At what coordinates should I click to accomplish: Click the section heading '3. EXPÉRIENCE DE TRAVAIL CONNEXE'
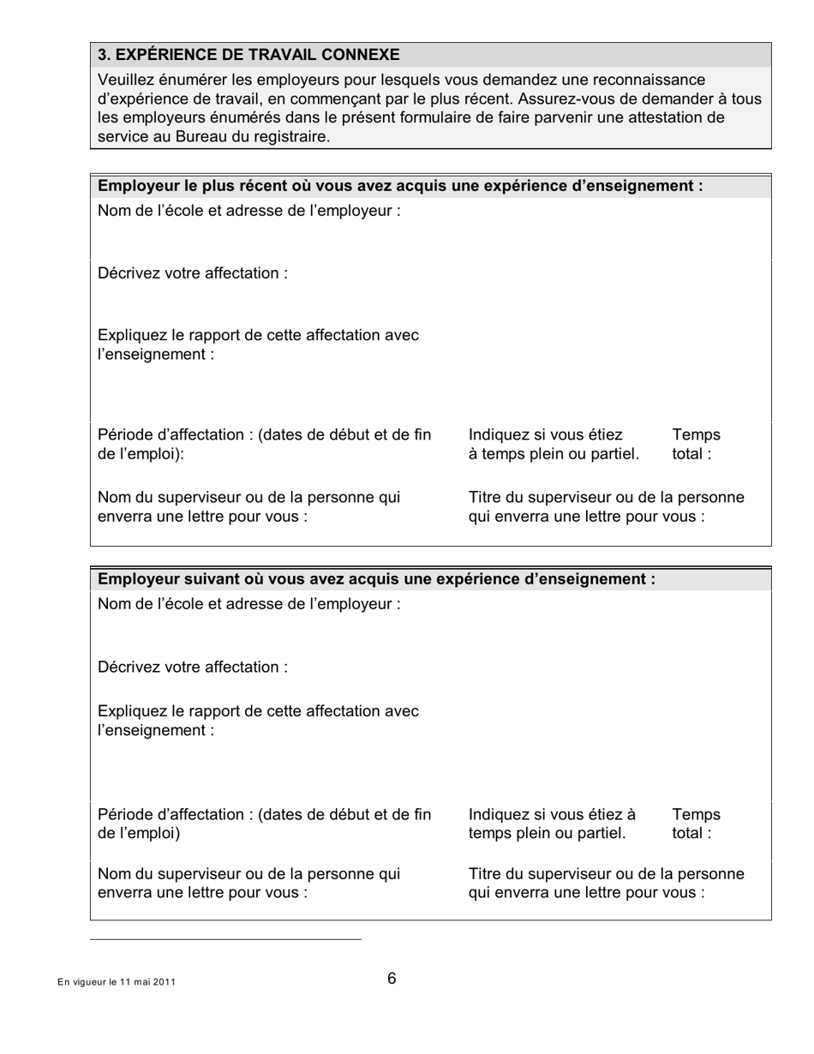click(248, 55)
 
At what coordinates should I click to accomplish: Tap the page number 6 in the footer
click(392, 979)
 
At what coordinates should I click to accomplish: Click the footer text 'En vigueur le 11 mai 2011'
click(117, 982)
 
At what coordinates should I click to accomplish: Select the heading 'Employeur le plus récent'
click(400, 186)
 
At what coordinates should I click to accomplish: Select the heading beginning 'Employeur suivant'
click(376, 579)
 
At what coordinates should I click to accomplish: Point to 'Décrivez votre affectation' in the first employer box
click(192, 273)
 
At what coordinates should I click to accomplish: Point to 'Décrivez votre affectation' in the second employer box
click(192, 667)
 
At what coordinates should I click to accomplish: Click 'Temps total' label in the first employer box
click(696, 444)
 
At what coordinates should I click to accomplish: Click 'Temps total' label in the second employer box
click(696, 823)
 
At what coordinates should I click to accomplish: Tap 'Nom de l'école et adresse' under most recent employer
click(248, 211)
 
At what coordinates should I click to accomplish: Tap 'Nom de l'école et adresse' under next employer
click(248, 604)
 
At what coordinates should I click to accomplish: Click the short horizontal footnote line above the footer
click(225, 939)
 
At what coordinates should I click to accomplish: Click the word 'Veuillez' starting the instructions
click(126, 80)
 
